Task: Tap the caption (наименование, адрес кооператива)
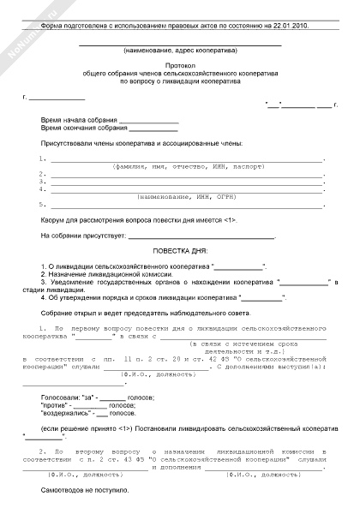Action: click(x=180, y=51)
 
